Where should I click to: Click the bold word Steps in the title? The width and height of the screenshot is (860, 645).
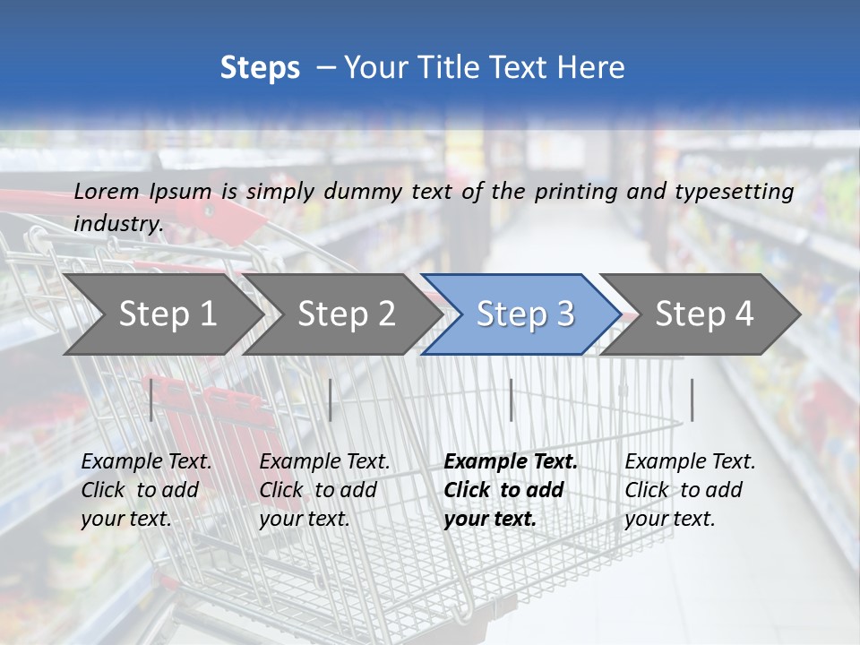(260, 68)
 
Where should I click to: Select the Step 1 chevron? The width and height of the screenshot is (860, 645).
(167, 314)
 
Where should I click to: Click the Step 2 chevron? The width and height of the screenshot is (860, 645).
(346, 314)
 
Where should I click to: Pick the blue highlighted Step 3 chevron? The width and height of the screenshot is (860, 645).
(524, 314)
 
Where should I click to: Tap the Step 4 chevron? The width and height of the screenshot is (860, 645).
(704, 314)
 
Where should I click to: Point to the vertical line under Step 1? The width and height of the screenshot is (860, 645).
(151, 400)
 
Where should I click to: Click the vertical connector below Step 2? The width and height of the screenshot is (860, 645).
(331, 400)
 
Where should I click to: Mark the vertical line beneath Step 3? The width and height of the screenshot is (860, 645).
(511, 400)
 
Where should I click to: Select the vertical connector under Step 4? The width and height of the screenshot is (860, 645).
(692, 400)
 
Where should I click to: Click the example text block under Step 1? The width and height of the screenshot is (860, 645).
(146, 490)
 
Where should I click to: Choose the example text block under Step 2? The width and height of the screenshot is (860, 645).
(324, 490)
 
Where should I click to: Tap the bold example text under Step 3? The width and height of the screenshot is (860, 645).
(511, 490)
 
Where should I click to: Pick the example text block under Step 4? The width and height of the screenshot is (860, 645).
(690, 490)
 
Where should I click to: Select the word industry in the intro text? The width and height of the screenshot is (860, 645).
(118, 223)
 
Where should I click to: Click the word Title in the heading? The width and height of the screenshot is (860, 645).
(464, 68)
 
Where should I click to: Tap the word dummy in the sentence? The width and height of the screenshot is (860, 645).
(366, 191)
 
